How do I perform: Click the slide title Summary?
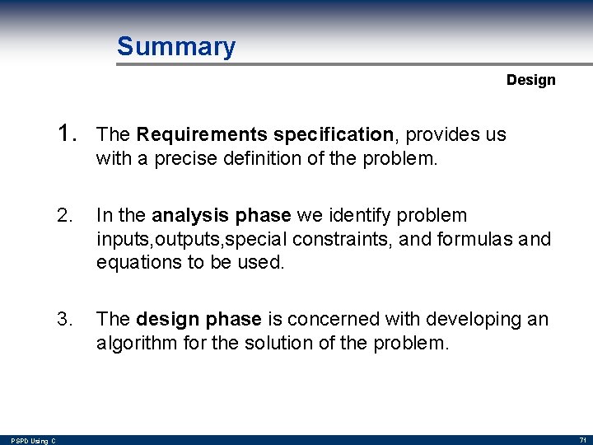pos(175,46)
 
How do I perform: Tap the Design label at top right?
pos(530,80)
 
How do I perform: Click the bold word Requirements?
pos(202,134)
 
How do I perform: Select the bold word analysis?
pos(186,216)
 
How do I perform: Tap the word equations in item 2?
pos(133,262)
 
